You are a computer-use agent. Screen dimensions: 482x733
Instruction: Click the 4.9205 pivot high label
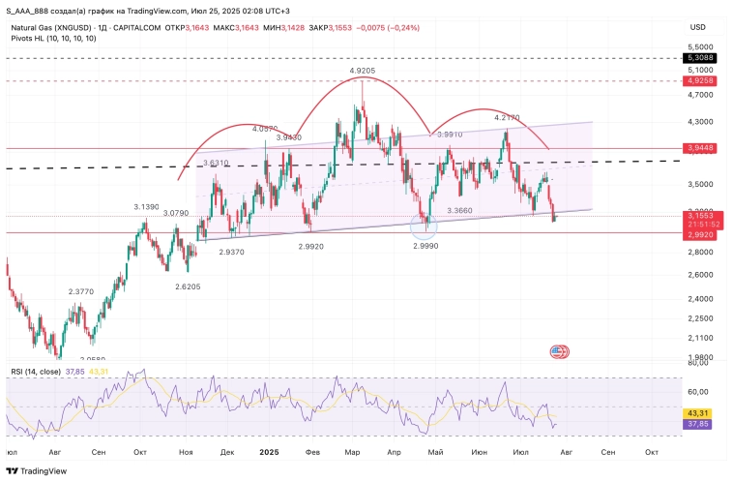point(368,72)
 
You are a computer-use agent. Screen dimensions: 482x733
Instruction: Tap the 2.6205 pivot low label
point(189,287)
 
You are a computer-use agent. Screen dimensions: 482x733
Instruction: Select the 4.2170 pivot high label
point(508,117)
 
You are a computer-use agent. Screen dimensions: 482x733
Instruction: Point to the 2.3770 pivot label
point(81,291)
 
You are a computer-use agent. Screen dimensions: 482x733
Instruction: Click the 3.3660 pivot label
point(460,210)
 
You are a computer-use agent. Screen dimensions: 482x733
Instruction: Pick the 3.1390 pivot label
point(146,207)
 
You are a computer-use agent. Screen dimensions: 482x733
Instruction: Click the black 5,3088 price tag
point(701,58)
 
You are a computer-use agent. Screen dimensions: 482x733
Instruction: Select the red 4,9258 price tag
point(701,81)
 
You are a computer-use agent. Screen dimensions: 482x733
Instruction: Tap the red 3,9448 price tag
point(701,148)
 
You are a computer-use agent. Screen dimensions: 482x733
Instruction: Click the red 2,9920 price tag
point(701,233)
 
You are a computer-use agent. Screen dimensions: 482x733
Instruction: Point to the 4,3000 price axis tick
point(699,123)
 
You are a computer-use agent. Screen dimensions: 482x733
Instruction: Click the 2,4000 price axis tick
point(699,298)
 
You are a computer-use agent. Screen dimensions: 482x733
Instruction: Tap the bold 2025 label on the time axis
point(270,452)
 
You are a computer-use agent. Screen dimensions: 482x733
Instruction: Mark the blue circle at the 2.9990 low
point(425,226)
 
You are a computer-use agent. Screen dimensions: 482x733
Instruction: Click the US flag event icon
point(557,351)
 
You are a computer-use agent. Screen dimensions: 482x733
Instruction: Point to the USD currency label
point(698,28)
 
